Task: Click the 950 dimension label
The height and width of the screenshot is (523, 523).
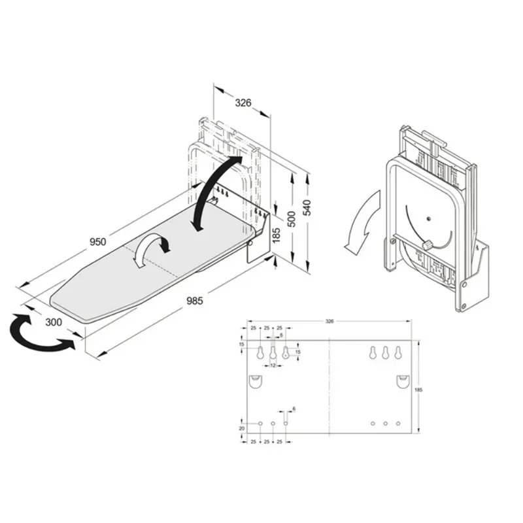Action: pos(97,242)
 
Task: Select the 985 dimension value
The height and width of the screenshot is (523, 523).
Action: pos(194,301)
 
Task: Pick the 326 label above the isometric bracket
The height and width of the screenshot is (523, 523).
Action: pos(243,103)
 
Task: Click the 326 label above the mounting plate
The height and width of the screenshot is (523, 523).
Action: pos(329,322)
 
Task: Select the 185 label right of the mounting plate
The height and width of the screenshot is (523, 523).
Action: pos(418,389)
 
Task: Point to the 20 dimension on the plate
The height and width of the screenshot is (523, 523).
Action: pos(241,428)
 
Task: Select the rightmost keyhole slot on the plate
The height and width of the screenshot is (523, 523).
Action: pos(398,352)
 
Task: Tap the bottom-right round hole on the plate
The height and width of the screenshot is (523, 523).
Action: pos(398,424)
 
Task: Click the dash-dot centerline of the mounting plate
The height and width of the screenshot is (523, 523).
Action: pos(329,386)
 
